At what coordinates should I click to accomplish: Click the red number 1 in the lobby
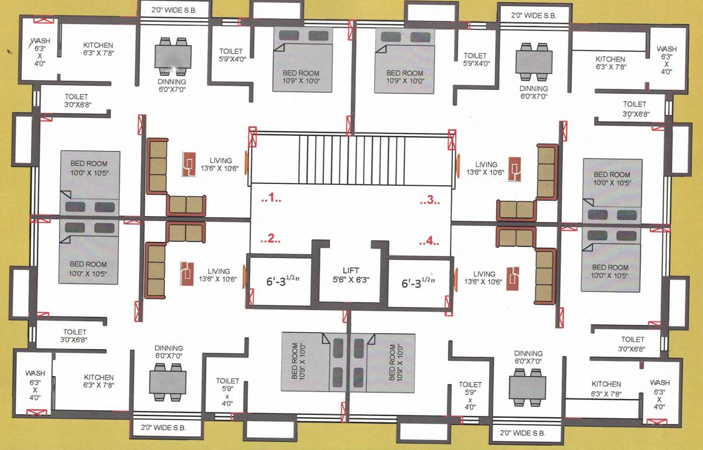tap(271, 199)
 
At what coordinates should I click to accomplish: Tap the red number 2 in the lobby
tap(270, 239)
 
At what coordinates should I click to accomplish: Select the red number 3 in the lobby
tap(429, 200)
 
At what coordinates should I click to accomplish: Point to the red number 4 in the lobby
tap(429, 240)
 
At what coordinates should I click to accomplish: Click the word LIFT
tap(351, 270)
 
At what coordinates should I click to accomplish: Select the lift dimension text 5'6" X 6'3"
tap(351, 279)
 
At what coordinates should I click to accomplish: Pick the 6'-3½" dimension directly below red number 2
tap(279, 281)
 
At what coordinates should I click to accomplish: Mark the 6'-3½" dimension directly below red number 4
tap(417, 283)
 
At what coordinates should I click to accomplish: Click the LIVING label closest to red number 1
tap(221, 161)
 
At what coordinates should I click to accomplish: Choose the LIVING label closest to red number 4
tap(484, 274)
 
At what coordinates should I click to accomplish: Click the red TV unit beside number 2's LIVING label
tap(187, 273)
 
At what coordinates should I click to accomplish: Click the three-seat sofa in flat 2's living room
tap(155, 270)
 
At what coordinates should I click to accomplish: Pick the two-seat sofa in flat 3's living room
tap(516, 209)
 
